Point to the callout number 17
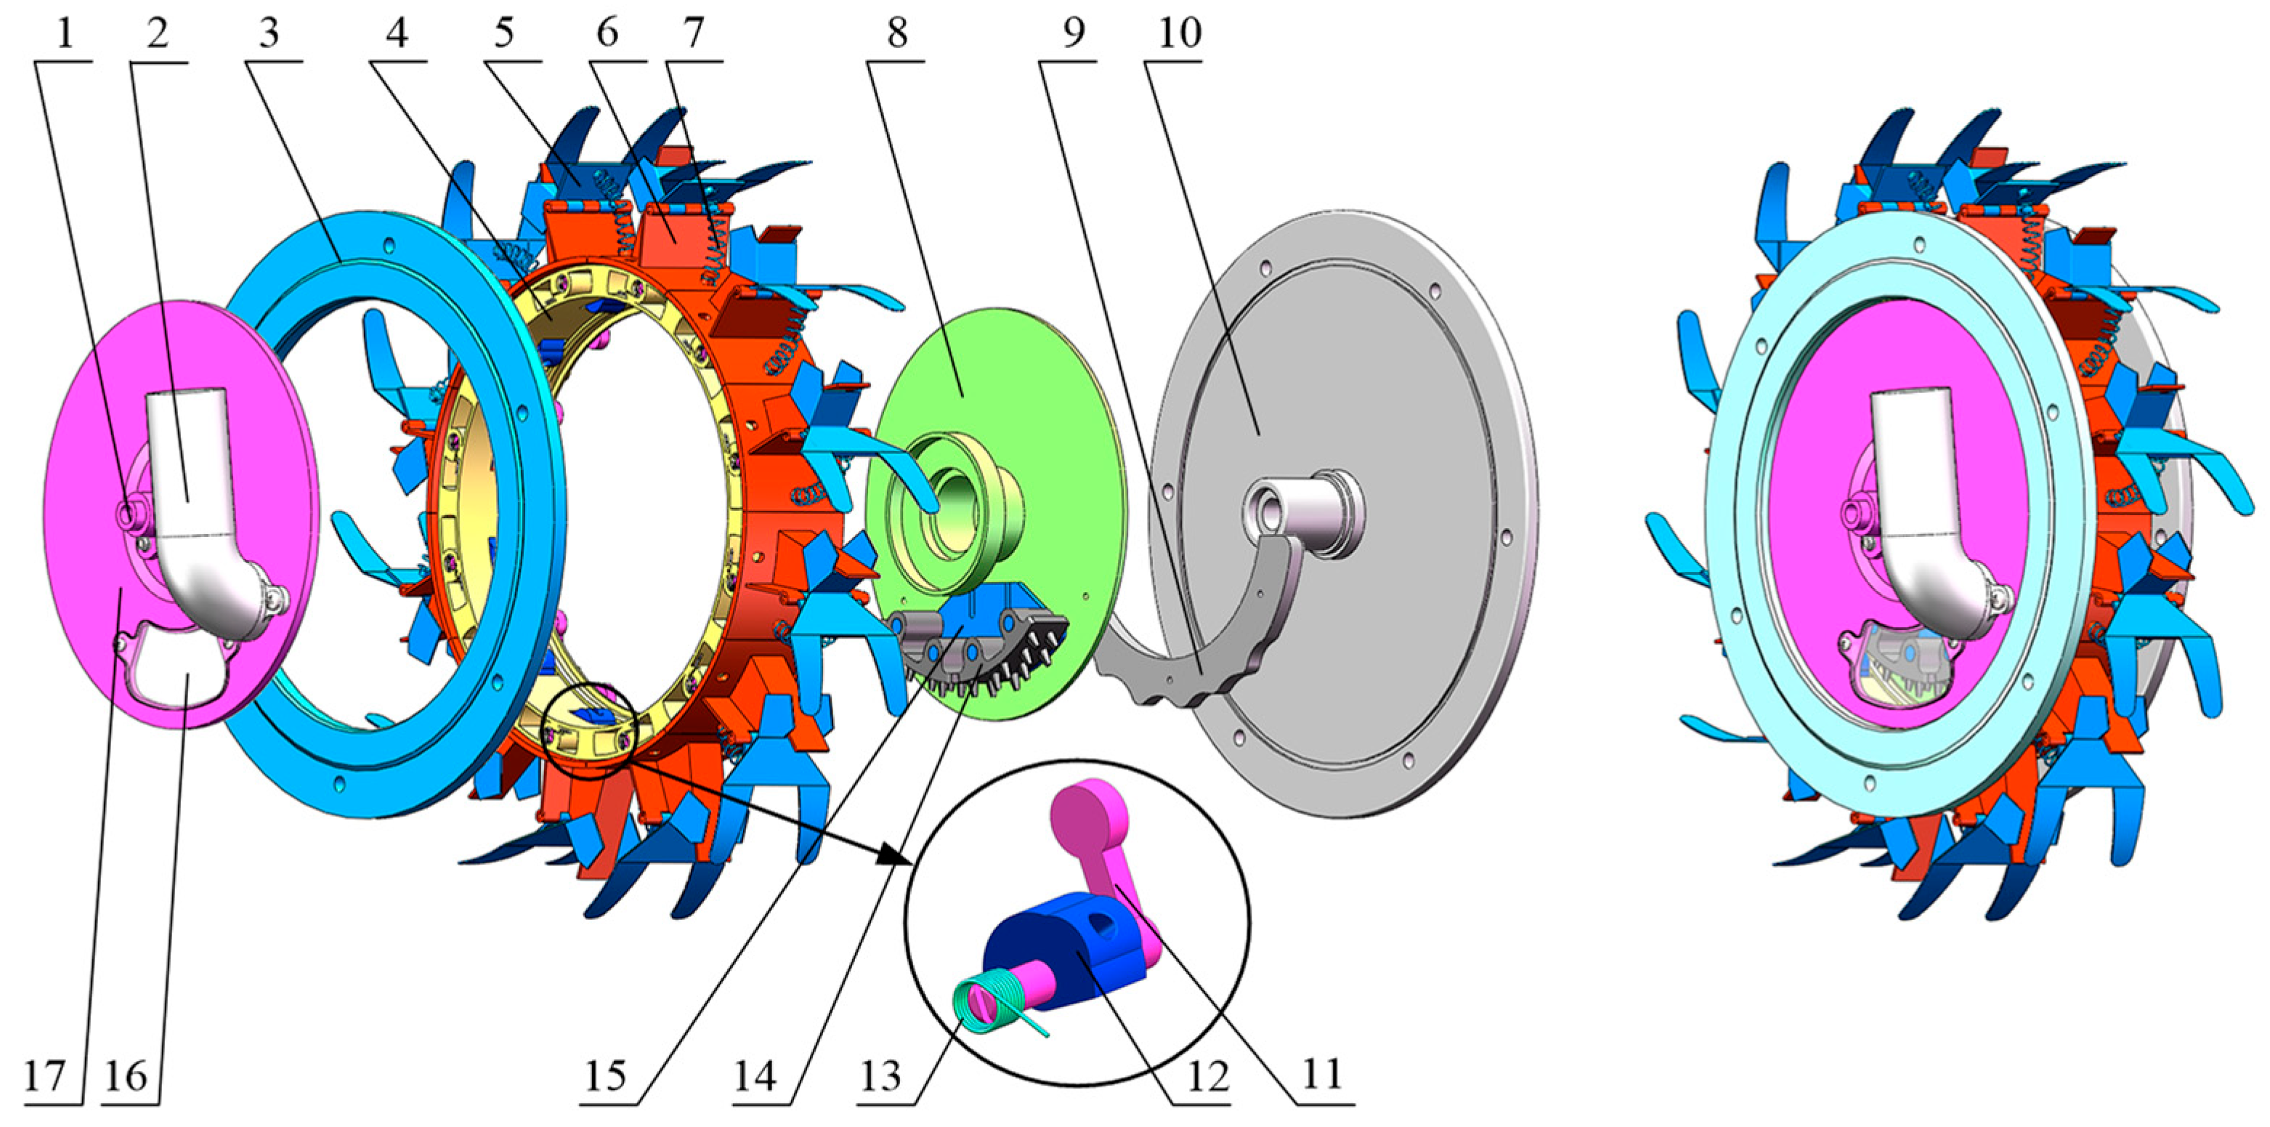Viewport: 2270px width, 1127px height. point(45,1076)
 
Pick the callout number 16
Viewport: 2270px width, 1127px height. point(126,1076)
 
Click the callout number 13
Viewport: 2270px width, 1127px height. point(880,1076)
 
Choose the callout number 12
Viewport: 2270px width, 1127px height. point(1207,1076)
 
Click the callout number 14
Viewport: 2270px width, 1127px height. point(755,1076)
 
